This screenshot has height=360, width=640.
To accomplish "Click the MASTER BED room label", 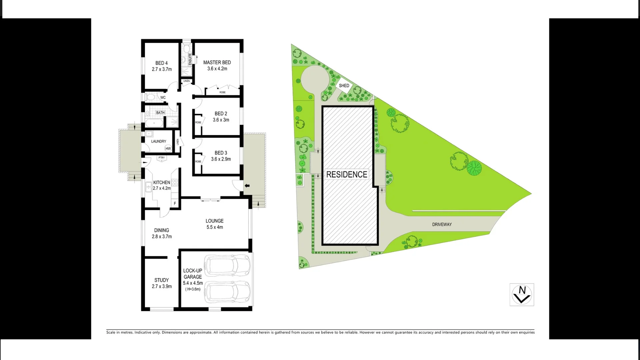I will click(x=217, y=62).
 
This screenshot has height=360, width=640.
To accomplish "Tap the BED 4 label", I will click(x=162, y=63).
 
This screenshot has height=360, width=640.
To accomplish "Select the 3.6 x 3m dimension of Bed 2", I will click(x=221, y=120).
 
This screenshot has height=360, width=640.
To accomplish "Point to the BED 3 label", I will click(x=221, y=153).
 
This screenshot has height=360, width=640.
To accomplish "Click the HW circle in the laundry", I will click(x=168, y=149).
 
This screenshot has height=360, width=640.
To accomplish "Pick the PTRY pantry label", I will click(x=162, y=158).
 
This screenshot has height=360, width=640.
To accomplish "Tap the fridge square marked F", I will click(x=175, y=203).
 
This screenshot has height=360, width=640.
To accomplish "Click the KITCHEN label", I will click(x=162, y=182).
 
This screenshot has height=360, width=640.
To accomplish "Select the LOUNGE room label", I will click(x=214, y=221).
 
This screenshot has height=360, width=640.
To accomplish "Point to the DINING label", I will click(x=162, y=230).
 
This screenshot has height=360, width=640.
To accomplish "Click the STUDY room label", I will click(x=162, y=280).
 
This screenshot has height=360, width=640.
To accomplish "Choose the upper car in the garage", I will click(x=227, y=266).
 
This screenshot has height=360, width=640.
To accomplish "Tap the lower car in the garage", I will click(x=227, y=292).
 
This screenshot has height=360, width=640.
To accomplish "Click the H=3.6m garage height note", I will click(x=193, y=289).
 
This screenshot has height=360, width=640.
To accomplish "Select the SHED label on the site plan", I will click(x=344, y=86).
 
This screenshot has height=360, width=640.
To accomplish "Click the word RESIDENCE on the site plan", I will click(x=347, y=174).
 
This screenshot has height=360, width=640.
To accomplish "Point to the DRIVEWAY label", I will click(x=442, y=224).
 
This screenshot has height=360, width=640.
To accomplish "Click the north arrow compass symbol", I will click(x=522, y=295).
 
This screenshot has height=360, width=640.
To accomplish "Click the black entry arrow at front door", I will click(x=247, y=186).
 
